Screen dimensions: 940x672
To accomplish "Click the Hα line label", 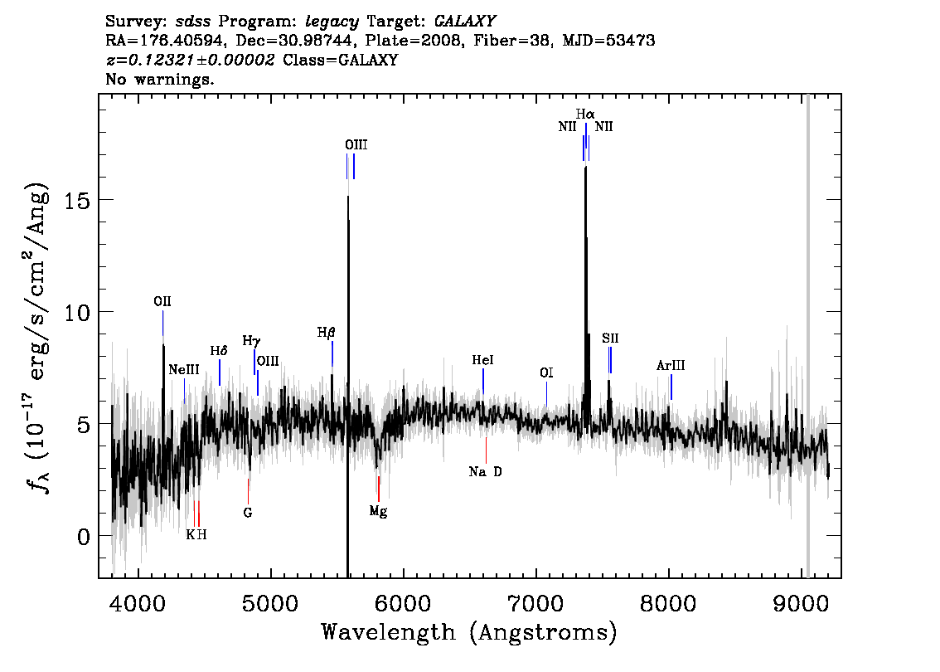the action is [x=585, y=114].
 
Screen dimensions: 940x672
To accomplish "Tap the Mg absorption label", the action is [x=378, y=511].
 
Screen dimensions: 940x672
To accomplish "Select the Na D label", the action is [x=486, y=471].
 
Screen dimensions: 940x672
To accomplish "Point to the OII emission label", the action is [x=162, y=301].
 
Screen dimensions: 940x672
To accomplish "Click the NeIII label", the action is [x=184, y=370].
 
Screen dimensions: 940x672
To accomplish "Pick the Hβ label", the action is [x=326, y=333].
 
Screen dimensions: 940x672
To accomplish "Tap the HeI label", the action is [x=482, y=360].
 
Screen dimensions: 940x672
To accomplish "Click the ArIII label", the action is [x=671, y=365].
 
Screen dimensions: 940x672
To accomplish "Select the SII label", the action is [x=610, y=338].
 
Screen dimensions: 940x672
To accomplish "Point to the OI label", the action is [x=546, y=373].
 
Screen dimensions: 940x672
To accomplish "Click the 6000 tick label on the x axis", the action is [x=403, y=603].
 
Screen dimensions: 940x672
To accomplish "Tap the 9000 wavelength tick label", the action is [x=800, y=603].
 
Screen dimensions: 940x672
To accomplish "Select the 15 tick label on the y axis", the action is [x=77, y=200].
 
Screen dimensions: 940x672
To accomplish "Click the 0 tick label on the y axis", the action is [x=84, y=536].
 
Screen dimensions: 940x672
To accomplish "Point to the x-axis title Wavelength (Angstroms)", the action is [x=469, y=632].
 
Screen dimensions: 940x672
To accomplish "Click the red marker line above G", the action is [x=248, y=491].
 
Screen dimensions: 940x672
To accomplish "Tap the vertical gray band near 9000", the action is [x=807, y=336].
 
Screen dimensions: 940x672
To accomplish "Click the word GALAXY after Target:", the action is [x=464, y=22].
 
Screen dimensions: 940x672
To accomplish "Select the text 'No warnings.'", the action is [x=159, y=79].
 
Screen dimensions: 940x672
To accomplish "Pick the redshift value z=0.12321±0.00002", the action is [x=190, y=60].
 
